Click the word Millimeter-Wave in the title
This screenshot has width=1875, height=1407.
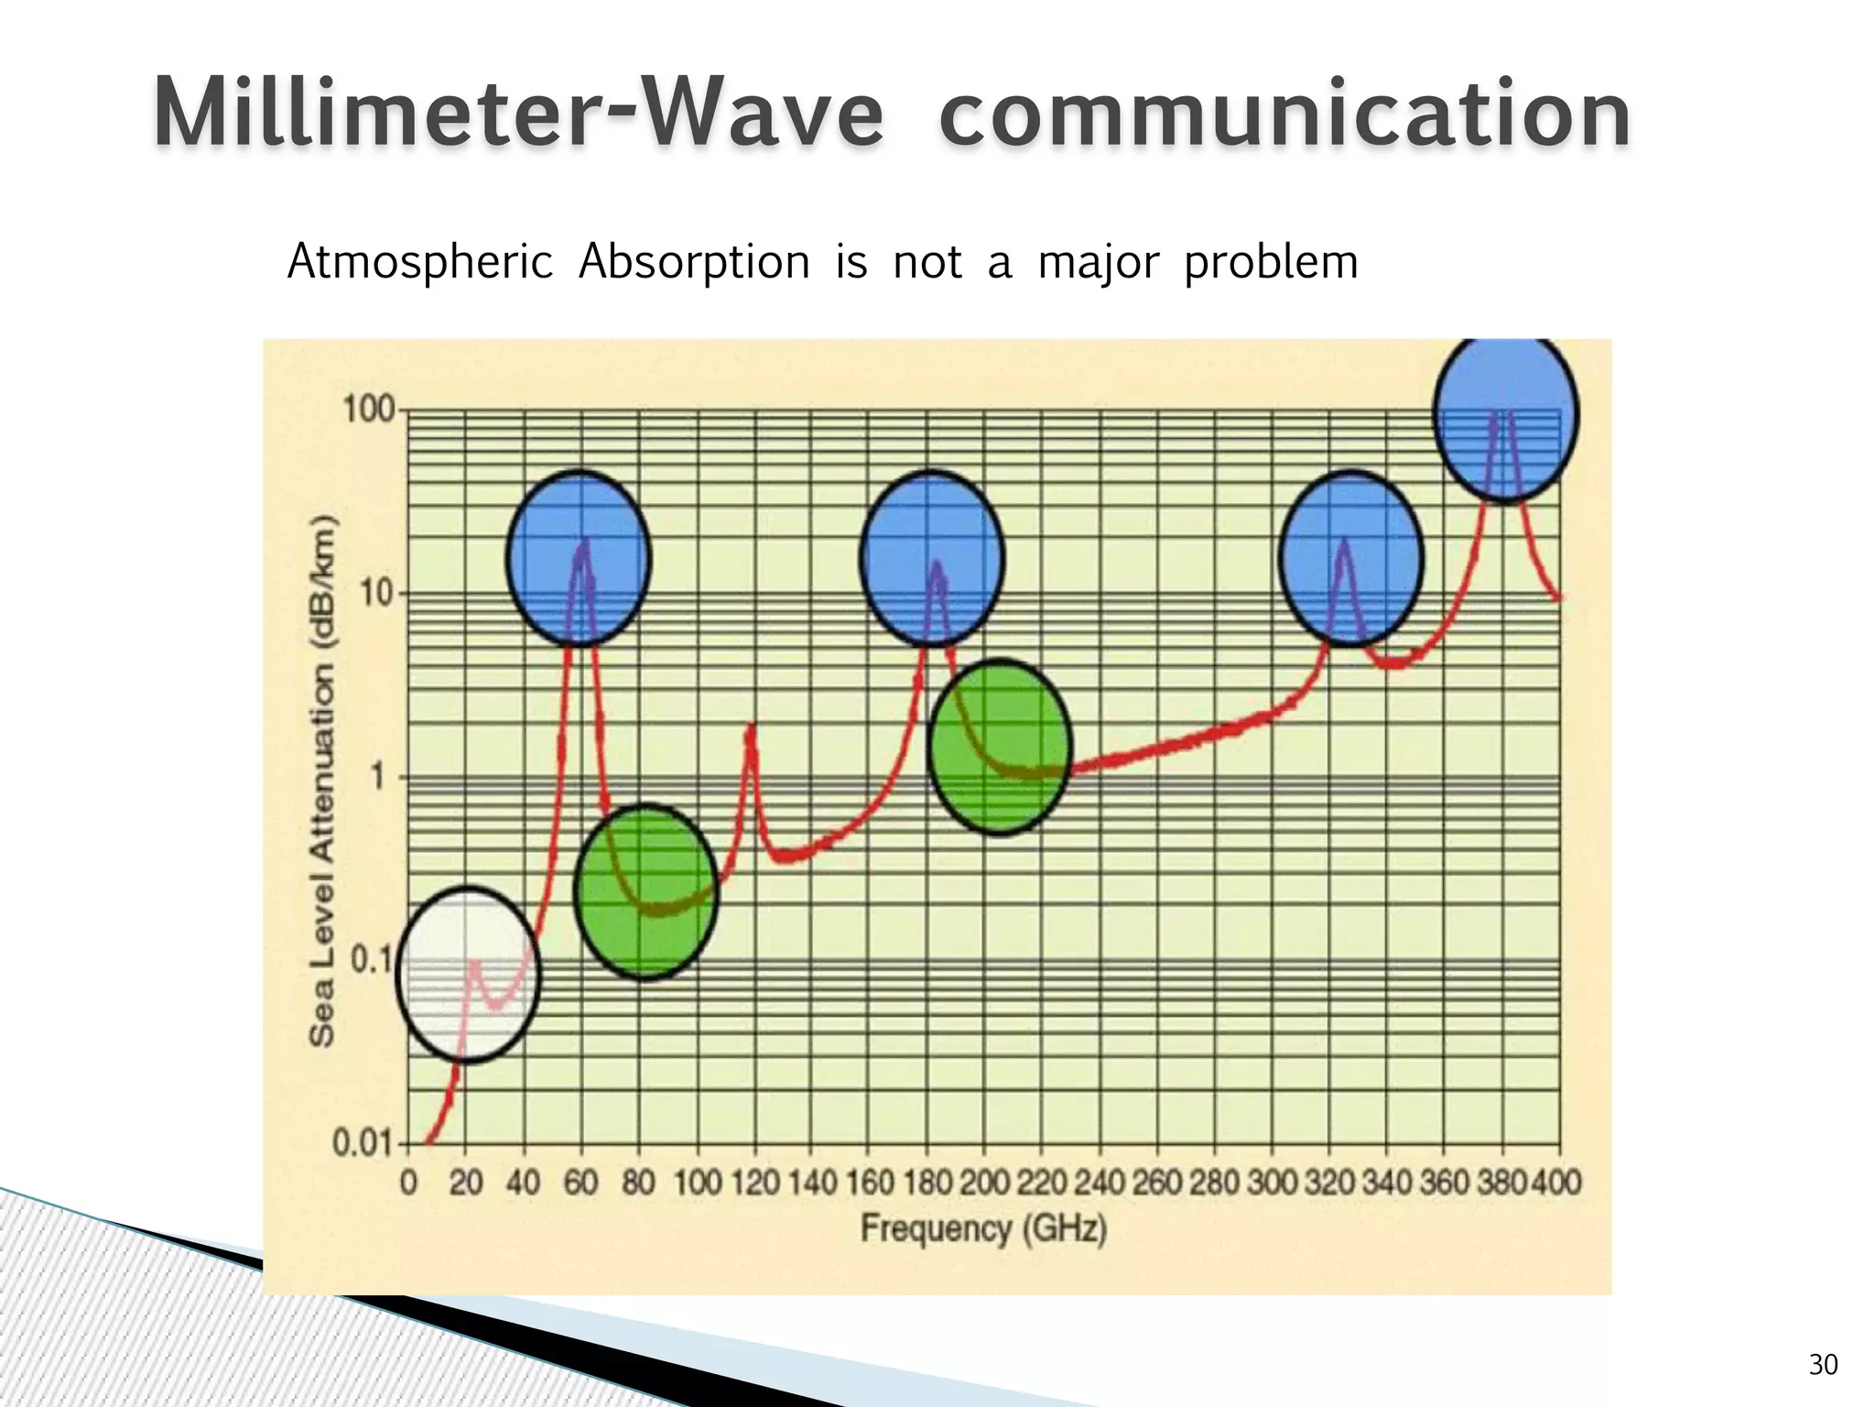pyautogui.click(x=517, y=115)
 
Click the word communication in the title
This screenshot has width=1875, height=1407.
pyautogui.click(x=1284, y=115)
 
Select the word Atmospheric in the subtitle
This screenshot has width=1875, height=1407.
pyautogui.click(x=420, y=262)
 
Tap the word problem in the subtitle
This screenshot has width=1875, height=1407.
pyautogui.click(x=1271, y=264)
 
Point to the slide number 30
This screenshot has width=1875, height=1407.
pyautogui.click(x=1823, y=1365)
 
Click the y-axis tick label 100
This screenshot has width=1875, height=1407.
pyautogui.click(x=369, y=409)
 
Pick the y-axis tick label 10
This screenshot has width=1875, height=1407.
pyautogui.click(x=375, y=594)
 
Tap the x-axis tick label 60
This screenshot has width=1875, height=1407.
pyautogui.click(x=580, y=1183)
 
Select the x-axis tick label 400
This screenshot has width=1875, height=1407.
pyautogui.click(x=1557, y=1183)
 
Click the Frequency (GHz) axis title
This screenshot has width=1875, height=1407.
pyautogui.click(x=983, y=1228)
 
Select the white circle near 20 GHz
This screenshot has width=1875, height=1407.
pyautogui.click(x=468, y=975)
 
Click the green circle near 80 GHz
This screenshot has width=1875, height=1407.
pyautogui.click(x=646, y=891)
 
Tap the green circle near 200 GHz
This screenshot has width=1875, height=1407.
pyautogui.click(x=999, y=747)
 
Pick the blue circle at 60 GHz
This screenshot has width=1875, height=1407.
pyautogui.click(x=579, y=559)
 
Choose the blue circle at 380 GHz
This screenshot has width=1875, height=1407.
pyautogui.click(x=1506, y=414)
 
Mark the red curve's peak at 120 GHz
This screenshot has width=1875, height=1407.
pyautogui.click(x=751, y=727)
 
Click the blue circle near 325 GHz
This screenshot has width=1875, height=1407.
pyautogui.click(x=1350, y=559)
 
